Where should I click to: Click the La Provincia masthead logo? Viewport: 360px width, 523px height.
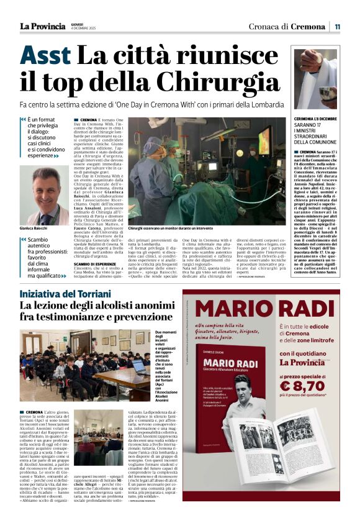(42, 26)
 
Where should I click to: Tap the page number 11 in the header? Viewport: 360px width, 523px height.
(338, 26)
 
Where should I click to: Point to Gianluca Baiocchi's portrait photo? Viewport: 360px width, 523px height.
(44, 196)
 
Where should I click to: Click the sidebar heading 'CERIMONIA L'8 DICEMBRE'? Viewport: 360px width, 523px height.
(315, 118)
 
